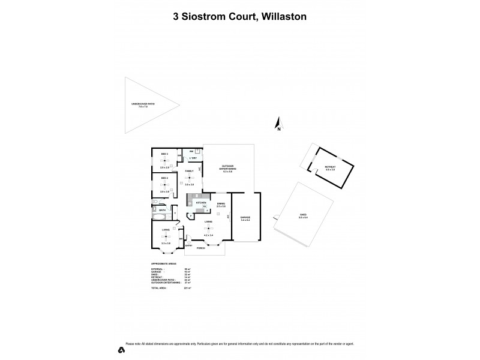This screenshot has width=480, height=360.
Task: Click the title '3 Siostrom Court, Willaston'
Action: pyautogui.click(x=240, y=17)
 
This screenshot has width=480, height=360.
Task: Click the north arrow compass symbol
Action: pyautogui.click(x=278, y=124)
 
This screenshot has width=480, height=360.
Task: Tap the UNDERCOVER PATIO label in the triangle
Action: pyautogui.click(x=143, y=104)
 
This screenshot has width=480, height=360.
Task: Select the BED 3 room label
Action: pyautogui.click(x=164, y=155)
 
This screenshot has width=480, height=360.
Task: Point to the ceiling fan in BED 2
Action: pyautogui.click(x=165, y=185)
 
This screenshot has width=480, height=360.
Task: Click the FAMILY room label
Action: pyautogui.click(x=189, y=172)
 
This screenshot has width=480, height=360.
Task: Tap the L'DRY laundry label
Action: pyautogui.click(x=193, y=158)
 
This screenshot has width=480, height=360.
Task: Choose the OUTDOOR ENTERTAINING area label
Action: pyautogui.click(x=227, y=167)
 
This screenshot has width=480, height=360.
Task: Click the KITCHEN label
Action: pyautogui.click(x=202, y=203)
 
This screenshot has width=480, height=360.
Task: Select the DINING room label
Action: pyautogui.click(x=221, y=203)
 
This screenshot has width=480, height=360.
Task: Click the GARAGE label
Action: pyautogui.click(x=245, y=217)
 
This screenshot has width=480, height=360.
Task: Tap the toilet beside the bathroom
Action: pyautogui.click(x=175, y=214)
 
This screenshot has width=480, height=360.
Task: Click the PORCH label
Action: pyautogui.click(x=200, y=248)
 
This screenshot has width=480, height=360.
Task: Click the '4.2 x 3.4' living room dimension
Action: pyautogui.click(x=208, y=235)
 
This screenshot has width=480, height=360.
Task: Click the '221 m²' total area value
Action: pyautogui.click(x=187, y=288)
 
